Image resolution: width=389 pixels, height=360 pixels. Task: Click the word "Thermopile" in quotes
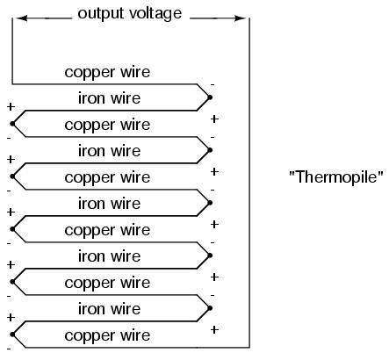(x=336, y=177)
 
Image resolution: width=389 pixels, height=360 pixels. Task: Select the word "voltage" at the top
(x=155, y=14)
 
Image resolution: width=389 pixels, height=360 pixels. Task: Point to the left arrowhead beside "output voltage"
(x=22, y=18)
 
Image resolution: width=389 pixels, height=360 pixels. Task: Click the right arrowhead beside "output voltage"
(x=240, y=18)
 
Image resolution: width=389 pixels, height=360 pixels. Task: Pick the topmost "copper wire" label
(x=107, y=73)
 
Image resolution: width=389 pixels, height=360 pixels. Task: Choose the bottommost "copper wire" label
(x=107, y=336)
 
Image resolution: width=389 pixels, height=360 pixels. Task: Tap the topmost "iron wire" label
(x=109, y=98)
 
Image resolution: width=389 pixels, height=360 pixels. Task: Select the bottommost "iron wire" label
(x=109, y=309)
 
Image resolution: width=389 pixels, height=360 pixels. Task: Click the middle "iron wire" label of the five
(x=109, y=204)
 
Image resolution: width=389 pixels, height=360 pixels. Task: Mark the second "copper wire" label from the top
(x=107, y=126)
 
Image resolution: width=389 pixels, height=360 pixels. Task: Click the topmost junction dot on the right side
(x=210, y=97)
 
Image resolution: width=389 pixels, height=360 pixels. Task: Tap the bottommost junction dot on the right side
(x=210, y=308)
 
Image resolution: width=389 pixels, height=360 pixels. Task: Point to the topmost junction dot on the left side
(x=12, y=124)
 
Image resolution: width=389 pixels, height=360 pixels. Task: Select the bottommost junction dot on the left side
(x=12, y=335)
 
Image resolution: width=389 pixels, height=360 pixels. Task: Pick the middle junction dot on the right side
(x=210, y=203)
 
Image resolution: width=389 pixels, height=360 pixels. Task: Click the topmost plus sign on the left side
(x=11, y=107)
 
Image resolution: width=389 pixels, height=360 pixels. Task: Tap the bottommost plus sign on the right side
(x=214, y=330)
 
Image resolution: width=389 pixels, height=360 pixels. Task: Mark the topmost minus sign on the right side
(x=213, y=85)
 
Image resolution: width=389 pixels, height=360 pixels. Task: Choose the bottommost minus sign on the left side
(x=9, y=349)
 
